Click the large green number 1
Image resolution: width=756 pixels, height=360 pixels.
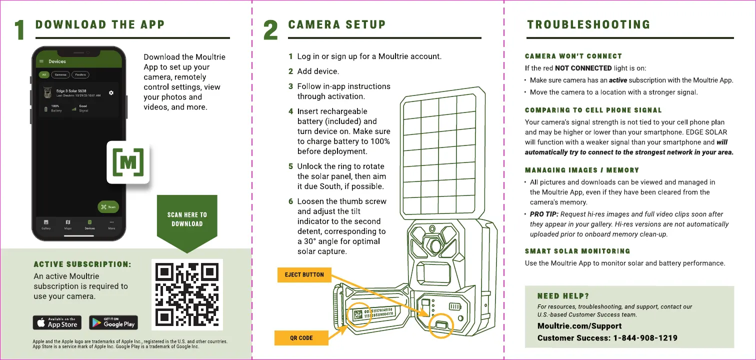pyautogui.click(x=19, y=30)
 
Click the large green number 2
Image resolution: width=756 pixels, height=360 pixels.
pyautogui.click(x=270, y=30)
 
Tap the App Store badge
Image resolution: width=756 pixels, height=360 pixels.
pyautogui.click(x=57, y=323)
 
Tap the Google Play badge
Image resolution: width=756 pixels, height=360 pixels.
pyautogui.click(x=113, y=323)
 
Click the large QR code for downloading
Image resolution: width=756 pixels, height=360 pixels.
pyautogui.click(x=187, y=294)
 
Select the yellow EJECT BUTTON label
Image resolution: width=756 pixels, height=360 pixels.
pyautogui.click(x=304, y=274)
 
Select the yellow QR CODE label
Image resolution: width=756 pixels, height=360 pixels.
pyautogui.click(x=301, y=338)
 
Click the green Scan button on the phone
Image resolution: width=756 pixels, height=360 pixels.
pyautogui.click(x=108, y=207)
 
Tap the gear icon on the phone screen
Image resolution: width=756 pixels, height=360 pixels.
pyautogui.click(x=111, y=93)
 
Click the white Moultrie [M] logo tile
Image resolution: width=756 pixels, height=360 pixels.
pyautogui.click(x=128, y=162)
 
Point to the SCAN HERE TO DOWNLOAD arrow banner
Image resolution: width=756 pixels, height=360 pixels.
pyautogui.click(x=187, y=219)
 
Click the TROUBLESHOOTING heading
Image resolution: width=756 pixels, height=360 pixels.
pyautogui.click(x=588, y=24)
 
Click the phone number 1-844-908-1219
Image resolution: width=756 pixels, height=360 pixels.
pyautogui.click(x=645, y=338)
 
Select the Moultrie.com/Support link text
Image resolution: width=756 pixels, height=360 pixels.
pyautogui.click(x=572, y=326)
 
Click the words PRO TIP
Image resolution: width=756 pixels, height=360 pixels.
pyautogui.click(x=543, y=214)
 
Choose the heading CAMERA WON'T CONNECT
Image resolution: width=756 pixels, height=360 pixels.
pyautogui.click(x=573, y=56)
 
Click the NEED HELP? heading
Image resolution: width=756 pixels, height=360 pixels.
pyautogui.click(x=563, y=296)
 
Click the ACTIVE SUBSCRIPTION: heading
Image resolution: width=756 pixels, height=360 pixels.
pyautogui.click(x=82, y=264)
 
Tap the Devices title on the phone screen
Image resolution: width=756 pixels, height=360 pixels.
pyautogui.click(x=57, y=61)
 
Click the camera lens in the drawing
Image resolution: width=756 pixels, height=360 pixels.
pyautogui.click(x=434, y=246)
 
